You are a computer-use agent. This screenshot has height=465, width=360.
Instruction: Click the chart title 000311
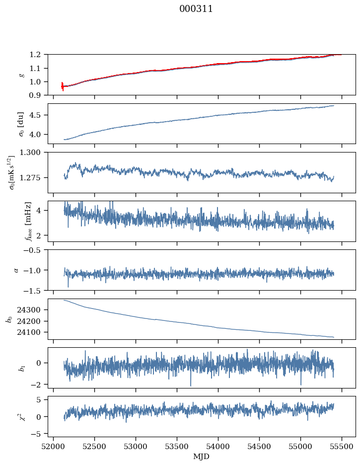point(196,9)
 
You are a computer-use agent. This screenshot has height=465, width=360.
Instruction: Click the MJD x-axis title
point(202,457)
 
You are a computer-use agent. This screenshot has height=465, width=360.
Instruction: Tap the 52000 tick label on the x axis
point(54,447)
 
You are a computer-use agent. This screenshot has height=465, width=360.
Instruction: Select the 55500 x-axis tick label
point(342,447)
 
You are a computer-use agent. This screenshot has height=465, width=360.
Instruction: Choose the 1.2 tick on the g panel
point(38,54)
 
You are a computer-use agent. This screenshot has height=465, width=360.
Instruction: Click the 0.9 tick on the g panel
point(38,95)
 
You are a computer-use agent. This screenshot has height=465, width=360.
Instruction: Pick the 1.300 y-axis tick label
point(34,153)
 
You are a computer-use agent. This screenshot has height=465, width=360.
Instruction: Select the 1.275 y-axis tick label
point(34,177)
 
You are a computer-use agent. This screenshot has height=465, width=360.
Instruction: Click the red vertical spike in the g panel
point(63,86)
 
